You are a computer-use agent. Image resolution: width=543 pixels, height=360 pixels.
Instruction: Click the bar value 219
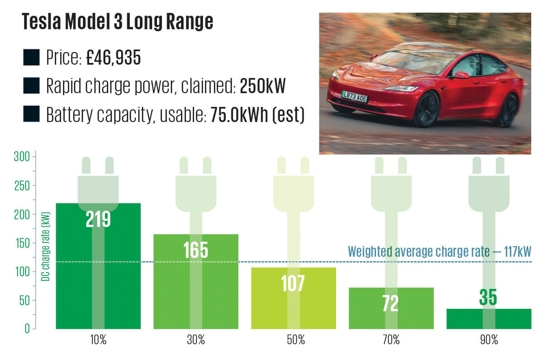[x=98, y=219]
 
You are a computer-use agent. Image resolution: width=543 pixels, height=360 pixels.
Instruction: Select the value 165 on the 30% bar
[x=195, y=250]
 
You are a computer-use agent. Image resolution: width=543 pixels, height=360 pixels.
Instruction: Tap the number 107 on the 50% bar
[x=293, y=283]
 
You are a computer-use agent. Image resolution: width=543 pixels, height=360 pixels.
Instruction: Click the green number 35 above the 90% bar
[x=488, y=298]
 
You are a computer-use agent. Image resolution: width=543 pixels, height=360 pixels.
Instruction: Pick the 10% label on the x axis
[x=98, y=340]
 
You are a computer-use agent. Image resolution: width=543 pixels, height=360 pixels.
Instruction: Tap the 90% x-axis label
[x=489, y=340]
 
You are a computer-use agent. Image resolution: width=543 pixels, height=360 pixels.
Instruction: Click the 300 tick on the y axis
[x=21, y=157]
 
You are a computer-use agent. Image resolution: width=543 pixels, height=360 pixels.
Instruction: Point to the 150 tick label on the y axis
[x=21, y=243]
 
